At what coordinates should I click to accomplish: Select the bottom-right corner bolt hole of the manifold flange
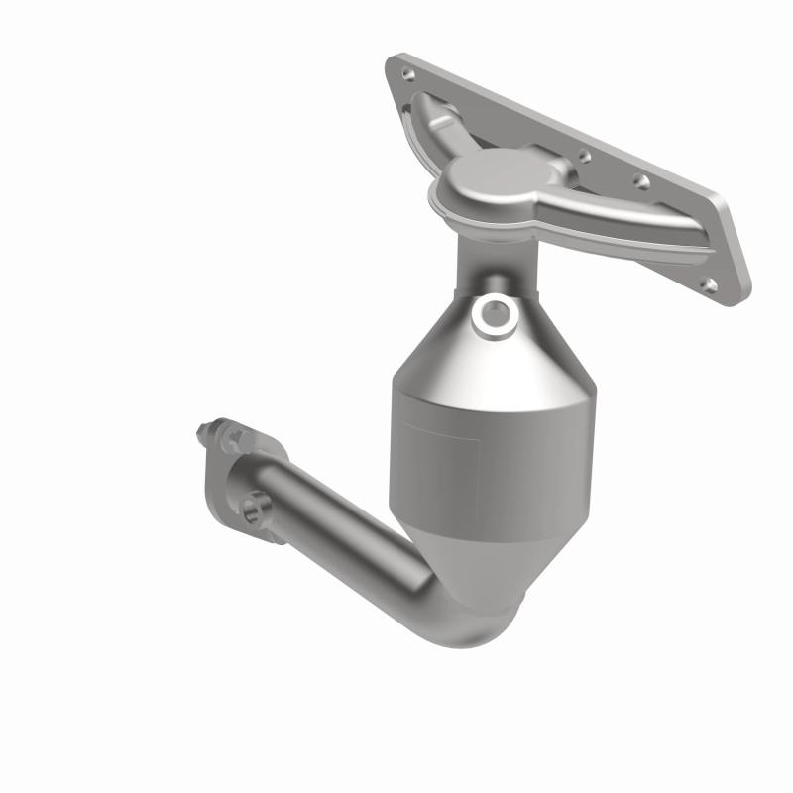tap(708, 284)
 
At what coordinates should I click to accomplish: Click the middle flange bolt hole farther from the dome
tap(640, 181)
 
